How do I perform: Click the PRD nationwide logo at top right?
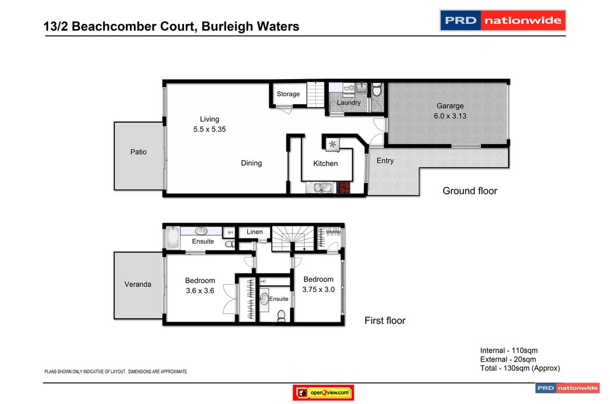(x=503, y=20)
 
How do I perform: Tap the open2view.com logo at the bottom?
(x=323, y=393)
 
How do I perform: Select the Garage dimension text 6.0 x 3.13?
(x=450, y=116)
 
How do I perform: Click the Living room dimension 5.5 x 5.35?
(x=209, y=129)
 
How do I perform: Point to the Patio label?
(x=138, y=152)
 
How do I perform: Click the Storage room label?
(x=288, y=94)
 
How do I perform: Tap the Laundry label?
(x=348, y=102)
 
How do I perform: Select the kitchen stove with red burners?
(x=344, y=188)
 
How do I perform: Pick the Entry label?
(x=385, y=161)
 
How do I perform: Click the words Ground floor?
(x=469, y=191)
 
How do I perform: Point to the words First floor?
(x=385, y=321)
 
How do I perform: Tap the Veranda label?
(x=138, y=284)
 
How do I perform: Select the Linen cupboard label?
(x=254, y=232)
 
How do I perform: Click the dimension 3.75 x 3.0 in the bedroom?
(x=318, y=290)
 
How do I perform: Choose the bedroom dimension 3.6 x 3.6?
(x=200, y=291)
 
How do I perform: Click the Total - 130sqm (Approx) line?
(x=520, y=368)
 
